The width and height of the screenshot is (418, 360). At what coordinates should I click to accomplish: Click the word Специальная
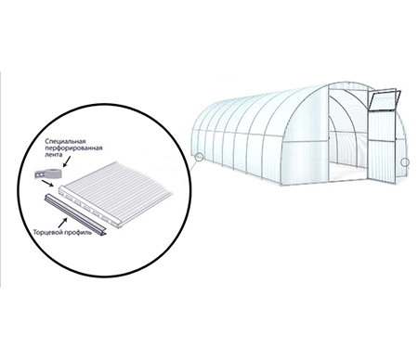(x=65, y=141)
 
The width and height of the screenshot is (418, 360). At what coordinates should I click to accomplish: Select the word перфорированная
(x=73, y=148)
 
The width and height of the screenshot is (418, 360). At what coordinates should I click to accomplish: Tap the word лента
(x=51, y=154)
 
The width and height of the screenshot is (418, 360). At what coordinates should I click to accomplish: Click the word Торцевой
(x=47, y=232)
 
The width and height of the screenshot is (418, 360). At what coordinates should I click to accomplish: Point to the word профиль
(x=77, y=232)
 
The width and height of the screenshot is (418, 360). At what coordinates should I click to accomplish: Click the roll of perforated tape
(x=48, y=174)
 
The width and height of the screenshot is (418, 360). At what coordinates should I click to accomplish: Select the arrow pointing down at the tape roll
(x=67, y=161)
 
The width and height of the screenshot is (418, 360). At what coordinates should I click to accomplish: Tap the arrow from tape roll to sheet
(x=47, y=184)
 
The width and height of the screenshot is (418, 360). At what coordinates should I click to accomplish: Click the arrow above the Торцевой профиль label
(x=62, y=223)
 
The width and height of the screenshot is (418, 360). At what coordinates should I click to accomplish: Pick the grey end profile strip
(x=75, y=214)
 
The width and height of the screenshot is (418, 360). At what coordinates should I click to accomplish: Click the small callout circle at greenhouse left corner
(x=200, y=157)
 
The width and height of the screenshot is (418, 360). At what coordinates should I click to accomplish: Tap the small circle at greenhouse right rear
(x=405, y=162)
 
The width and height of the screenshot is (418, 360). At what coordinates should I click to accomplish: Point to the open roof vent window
(x=384, y=100)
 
